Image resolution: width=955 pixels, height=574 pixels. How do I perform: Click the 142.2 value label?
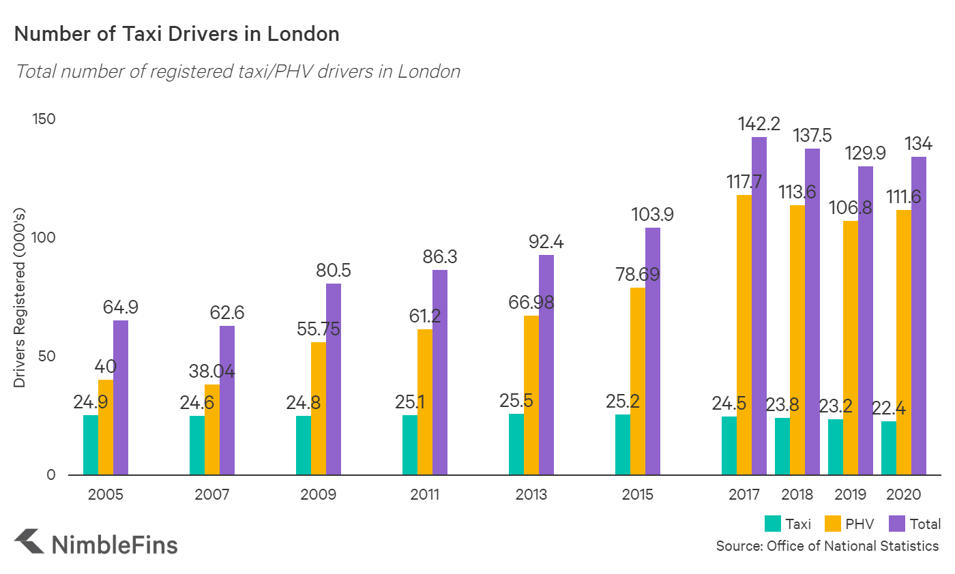(x=759, y=124)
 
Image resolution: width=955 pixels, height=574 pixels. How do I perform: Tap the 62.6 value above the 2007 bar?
(x=227, y=314)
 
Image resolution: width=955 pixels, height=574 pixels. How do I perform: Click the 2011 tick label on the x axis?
(x=424, y=495)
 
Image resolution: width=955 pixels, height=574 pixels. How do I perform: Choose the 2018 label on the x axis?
(x=797, y=495)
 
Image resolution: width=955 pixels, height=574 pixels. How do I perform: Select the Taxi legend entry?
(x=788, y=524)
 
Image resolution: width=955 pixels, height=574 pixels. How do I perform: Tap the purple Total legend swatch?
(x=898, y=524)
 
